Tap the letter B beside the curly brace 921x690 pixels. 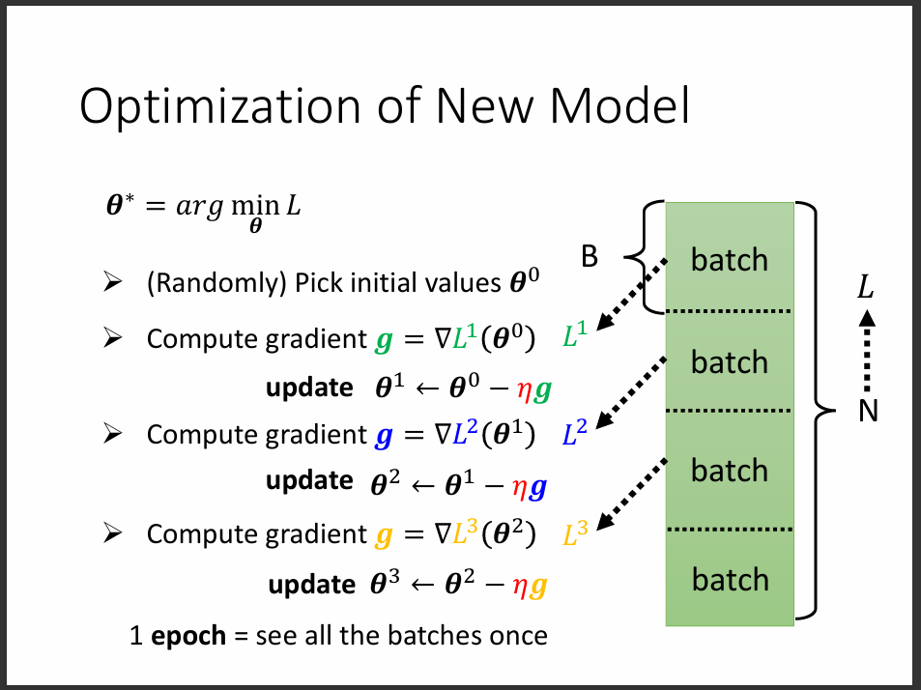(589, 256)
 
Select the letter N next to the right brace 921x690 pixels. (868, 413)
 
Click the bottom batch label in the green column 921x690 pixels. (730, 579)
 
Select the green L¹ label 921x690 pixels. (575, 337)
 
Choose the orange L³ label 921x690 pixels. (575, 533)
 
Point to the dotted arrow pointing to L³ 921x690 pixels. (631, 495)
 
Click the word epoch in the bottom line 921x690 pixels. (189, 635)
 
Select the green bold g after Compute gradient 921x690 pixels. (384, 340)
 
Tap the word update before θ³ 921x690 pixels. (311, 584)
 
